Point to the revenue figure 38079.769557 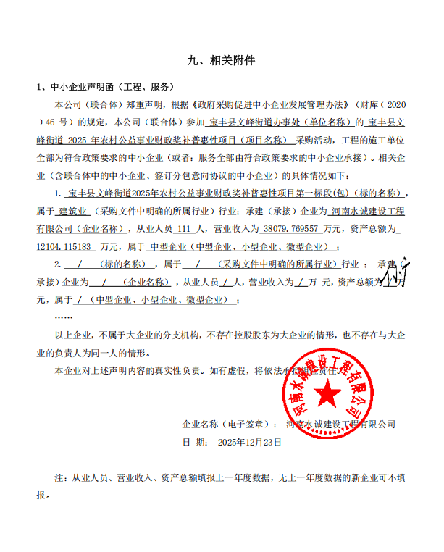(295, 228)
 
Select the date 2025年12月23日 (249, 441)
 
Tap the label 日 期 (192, 441)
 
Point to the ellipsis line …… (64, 317)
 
